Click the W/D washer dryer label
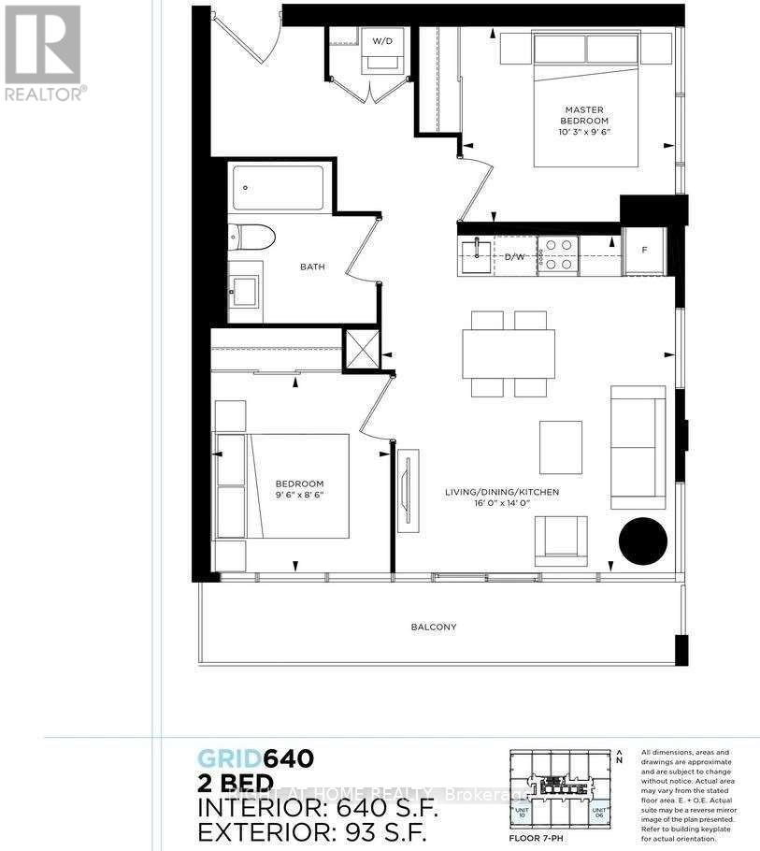382,41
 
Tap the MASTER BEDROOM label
584,115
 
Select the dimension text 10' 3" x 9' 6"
584,133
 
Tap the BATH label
312,267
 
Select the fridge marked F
645,251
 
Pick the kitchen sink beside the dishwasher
477,254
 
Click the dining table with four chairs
509,353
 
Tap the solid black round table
643,541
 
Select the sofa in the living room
638,446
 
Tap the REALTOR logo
43,51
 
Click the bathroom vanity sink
245,290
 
